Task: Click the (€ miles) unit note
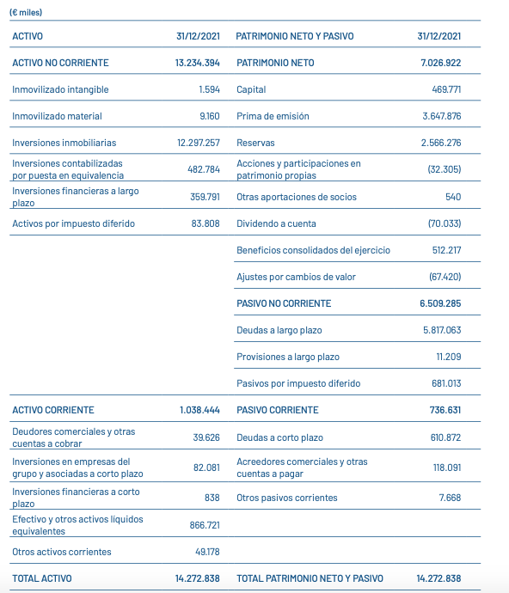click(x=26, y=13)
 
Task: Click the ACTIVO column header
click(x=28, y=36)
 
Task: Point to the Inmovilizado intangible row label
click(x=60, y=89)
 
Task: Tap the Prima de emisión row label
click(x=273, y=116)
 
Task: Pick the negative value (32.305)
click(x=444, y=169)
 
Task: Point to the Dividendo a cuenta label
click(x=276, y=223)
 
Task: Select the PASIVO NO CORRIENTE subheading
click(x=284, y=303)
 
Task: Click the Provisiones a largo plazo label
click(x=287, y=357)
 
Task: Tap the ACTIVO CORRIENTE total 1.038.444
click(x=199, y=410)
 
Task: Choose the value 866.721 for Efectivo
click(x=205, y=524)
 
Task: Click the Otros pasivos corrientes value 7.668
click(x=448, y=498)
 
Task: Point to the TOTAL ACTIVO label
click(x=42, y=578)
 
